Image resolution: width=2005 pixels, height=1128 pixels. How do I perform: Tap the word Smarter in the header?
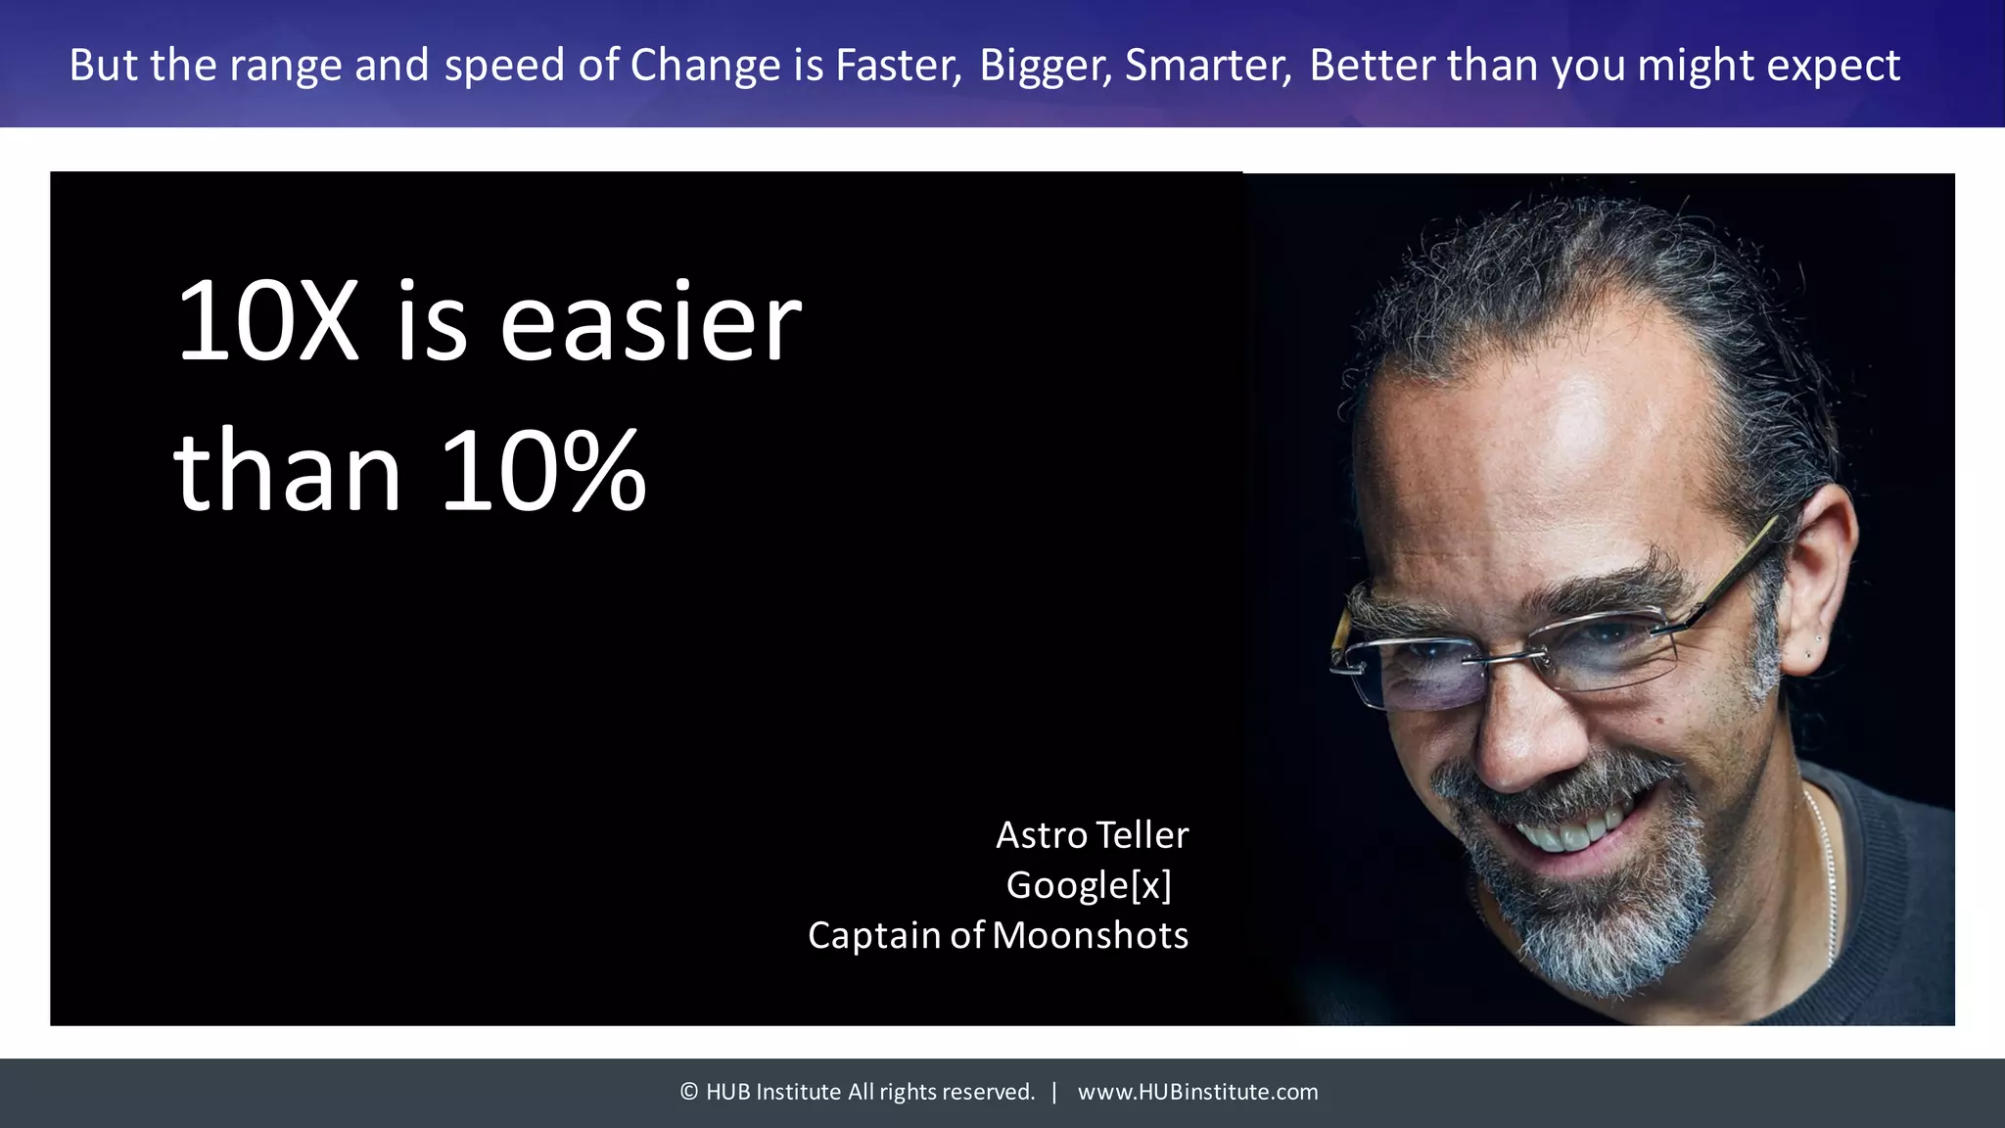1207,67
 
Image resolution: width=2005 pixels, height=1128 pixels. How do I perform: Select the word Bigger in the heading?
1044,67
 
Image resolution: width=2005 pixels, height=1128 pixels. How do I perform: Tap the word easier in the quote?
650,323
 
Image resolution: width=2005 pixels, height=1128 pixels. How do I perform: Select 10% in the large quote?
543,472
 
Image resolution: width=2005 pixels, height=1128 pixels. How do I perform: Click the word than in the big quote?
287,472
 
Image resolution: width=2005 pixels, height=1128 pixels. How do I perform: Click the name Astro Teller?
1092,835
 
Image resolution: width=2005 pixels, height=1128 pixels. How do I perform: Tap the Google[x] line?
1089,885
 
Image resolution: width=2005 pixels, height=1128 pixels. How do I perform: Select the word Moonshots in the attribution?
1090,935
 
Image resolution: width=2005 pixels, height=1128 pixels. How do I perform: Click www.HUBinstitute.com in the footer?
1197,1092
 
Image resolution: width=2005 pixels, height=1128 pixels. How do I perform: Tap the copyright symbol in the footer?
689,1092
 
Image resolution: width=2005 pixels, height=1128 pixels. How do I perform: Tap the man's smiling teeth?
1566,832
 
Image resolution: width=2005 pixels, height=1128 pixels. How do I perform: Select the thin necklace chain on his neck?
1827,871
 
